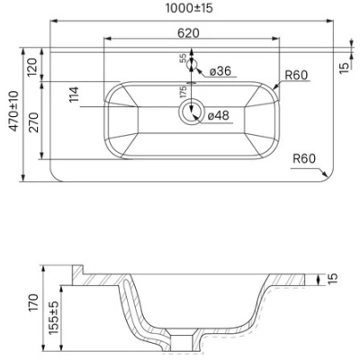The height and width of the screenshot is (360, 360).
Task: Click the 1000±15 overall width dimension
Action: [x=189, y=8]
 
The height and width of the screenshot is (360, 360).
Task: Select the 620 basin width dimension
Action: [x=188, y=33]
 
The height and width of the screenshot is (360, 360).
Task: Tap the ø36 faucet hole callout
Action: [x=220, y=71]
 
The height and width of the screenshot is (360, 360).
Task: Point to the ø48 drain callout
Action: [x=218, y=115]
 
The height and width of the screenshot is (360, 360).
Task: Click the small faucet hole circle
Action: [x=192, y=64]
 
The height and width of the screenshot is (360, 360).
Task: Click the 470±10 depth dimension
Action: [x=14, y=111]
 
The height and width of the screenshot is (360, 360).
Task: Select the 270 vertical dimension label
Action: [x=33, y=122]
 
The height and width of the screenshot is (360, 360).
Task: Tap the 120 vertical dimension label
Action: [x=32, y=67]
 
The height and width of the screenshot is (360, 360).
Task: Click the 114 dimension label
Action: [x=74, y=94]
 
